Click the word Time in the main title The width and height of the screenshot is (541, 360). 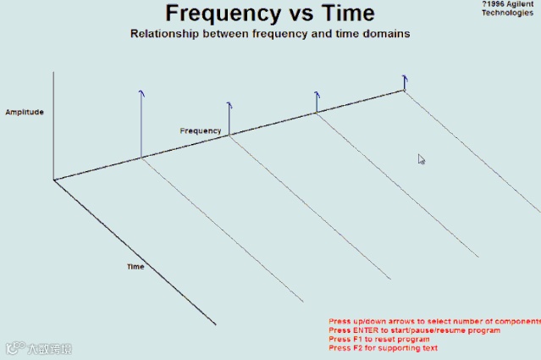tap(344, 14)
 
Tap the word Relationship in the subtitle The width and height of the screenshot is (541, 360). tap(167, 35)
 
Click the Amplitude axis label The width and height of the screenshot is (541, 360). tap(24, 112)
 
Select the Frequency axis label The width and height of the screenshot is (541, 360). tap(201, 131)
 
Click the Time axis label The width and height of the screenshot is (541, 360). tap(135, 267)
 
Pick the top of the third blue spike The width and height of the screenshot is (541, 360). tap(317, 93)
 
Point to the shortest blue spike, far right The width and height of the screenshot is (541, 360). tap(405, 80)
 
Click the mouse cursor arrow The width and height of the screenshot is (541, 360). tap(421, 158)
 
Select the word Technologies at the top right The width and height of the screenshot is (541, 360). tap(508, 13)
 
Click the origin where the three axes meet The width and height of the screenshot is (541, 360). tap(54, 180)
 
